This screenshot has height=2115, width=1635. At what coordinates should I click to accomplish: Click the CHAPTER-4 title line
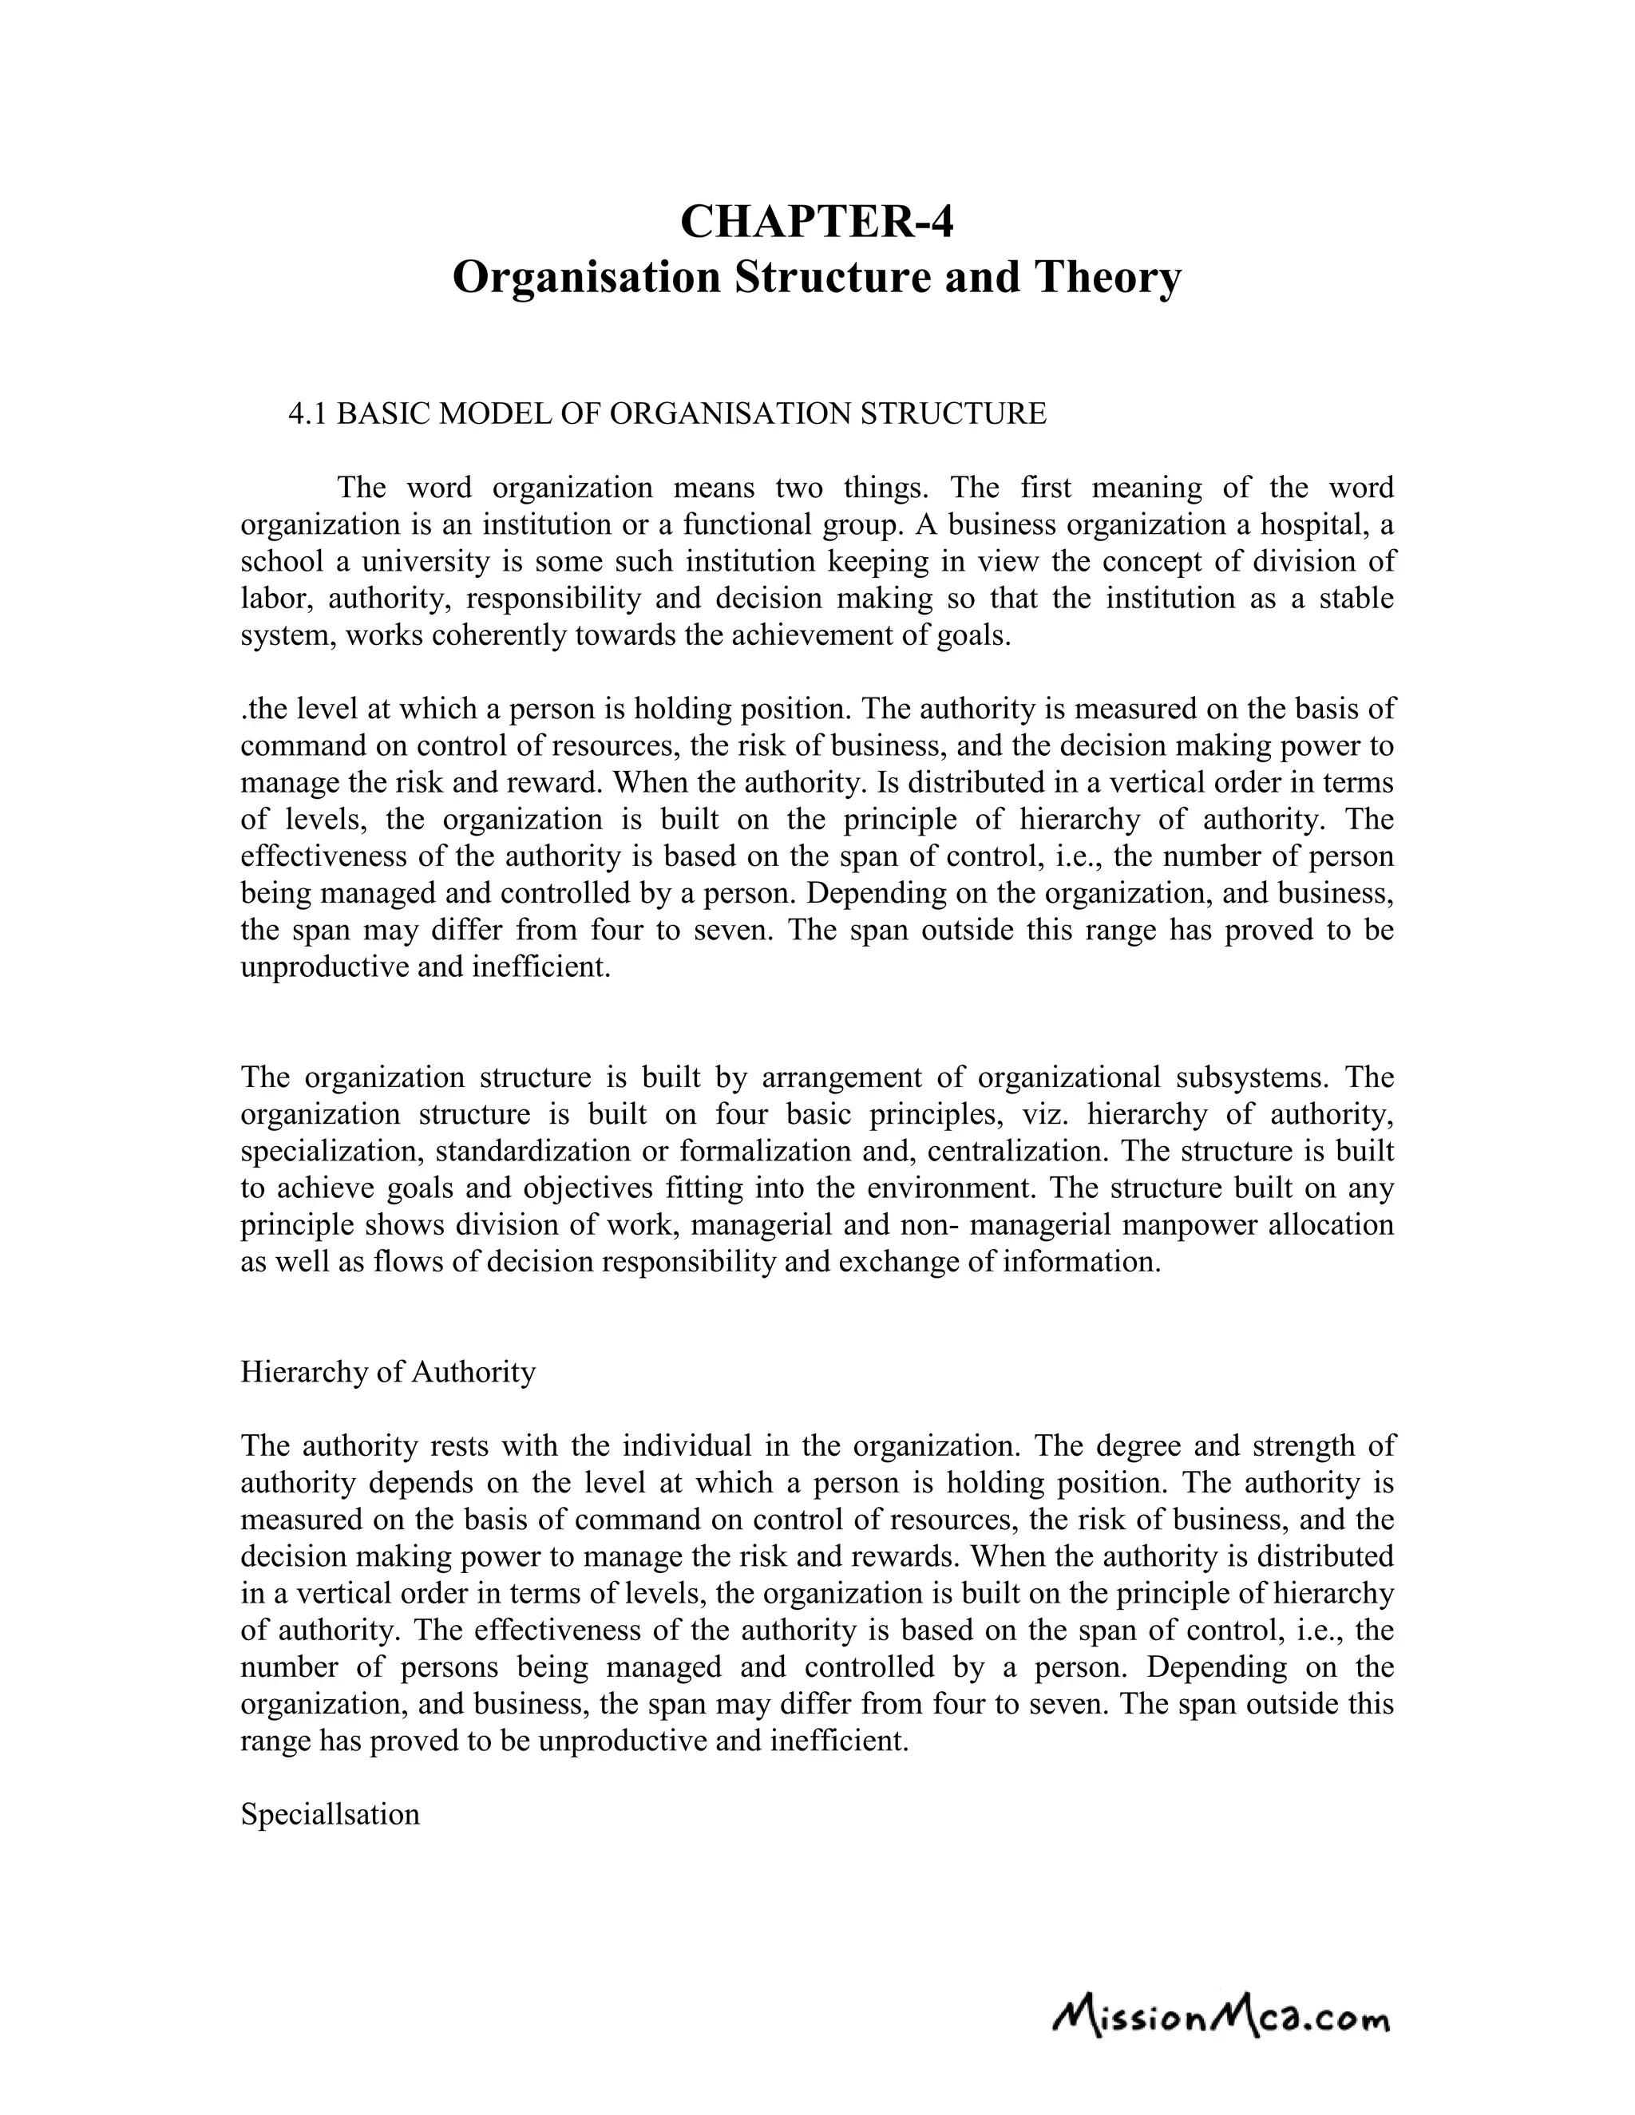point(817,221)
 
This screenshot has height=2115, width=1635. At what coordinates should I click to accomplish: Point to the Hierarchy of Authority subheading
point(387,1371)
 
